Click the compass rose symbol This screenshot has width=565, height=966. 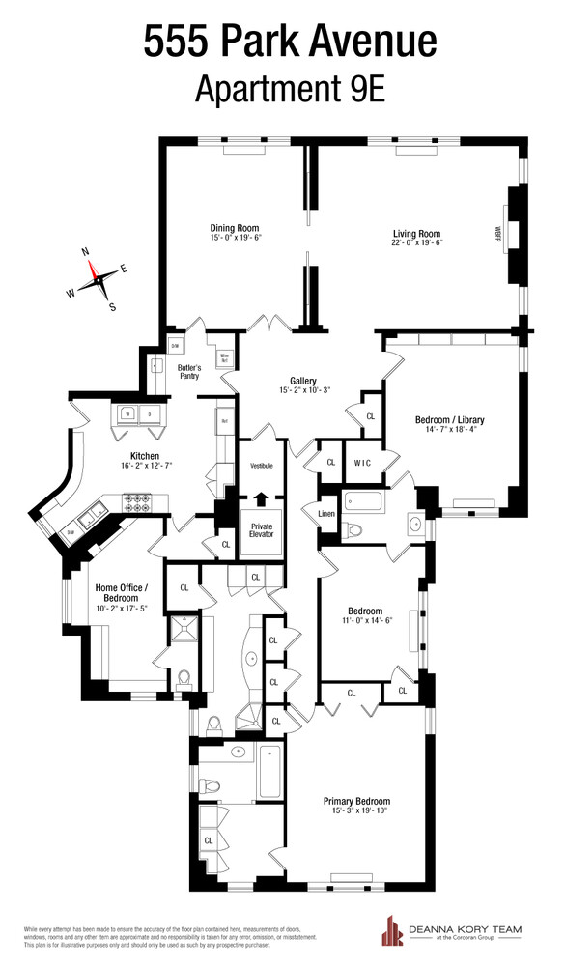[x=98, y=279]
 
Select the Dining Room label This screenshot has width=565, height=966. [x=235, y=229]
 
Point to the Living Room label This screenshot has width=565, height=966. [x=416, y=233]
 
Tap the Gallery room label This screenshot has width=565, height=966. [x=303, y=380]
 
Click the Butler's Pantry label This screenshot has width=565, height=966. [x=188, y=371]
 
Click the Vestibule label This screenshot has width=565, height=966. [x=262, y=466]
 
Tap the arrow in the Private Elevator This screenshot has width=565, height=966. [x=260, y=499]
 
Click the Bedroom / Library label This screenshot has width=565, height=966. [x=449, y=420]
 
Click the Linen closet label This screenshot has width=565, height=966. [x=326, y=513]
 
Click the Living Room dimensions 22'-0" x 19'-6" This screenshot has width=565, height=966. [x=416, y=242]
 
